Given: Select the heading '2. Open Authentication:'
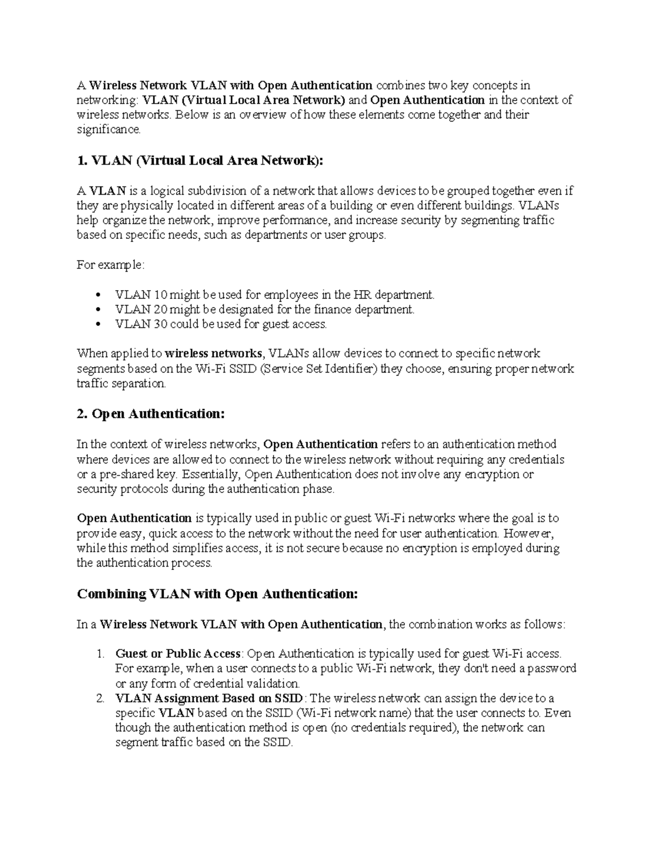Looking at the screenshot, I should pos(150,414).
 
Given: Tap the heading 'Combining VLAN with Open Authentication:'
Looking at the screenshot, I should pos(217,594).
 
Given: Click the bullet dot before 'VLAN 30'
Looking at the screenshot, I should pos(98,325).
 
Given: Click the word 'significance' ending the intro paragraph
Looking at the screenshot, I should pos(108,130).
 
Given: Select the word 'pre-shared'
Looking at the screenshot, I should pos(128,474).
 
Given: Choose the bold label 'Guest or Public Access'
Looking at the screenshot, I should pos(178,653).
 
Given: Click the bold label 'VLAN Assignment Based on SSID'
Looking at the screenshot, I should pos(209,698).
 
